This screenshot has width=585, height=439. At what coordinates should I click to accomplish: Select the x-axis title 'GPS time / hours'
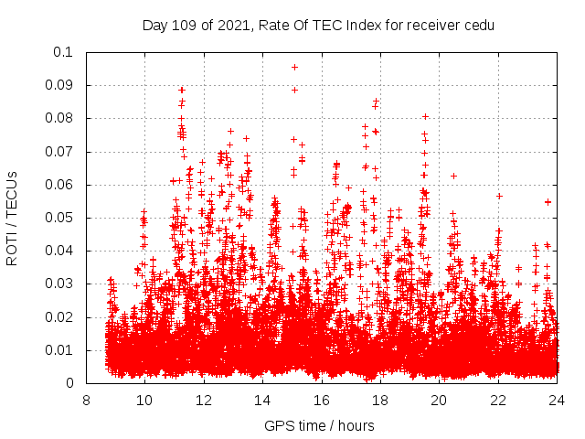pyautogui.click(x=319, y=426)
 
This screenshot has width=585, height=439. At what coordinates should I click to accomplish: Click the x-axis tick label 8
pyautogui.click(x=86, y=401)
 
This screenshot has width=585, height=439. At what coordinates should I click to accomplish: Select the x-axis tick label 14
pyautogui.click(x=262, y=401)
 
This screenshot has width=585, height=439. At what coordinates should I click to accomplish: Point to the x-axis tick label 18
pyautogui.click(x=380, y=401)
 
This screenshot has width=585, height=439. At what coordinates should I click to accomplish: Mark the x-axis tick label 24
pyautogui.click(x=557, y=401)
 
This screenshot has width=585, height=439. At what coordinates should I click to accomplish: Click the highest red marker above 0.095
pyautogui.click(x=294, y=67)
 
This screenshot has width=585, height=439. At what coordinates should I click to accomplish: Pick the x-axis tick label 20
pyautogui.click(x=439, y=401)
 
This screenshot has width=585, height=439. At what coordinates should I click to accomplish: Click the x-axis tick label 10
pyautogui.click(x=144, y=401)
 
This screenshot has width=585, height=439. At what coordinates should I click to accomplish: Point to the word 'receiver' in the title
pyautogui.click(x=430, y=25)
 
